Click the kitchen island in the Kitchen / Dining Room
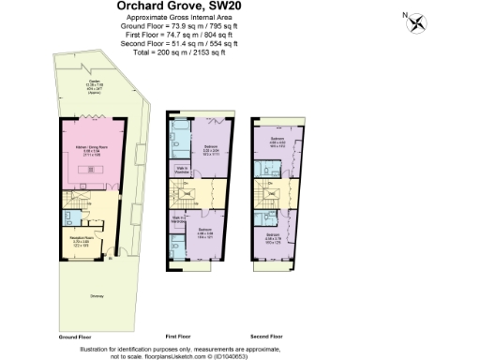90,170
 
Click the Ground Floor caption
74,335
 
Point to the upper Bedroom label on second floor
278,142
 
